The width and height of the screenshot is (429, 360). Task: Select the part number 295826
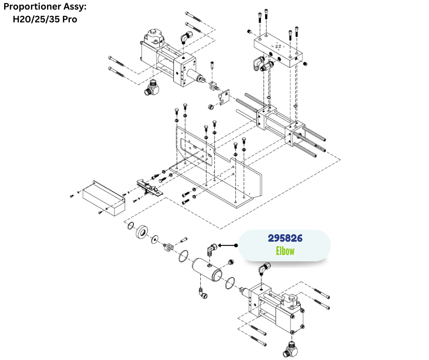pyautogui.click(x=285, y=238)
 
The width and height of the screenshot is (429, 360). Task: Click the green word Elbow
pyautogui.click(x=285, y=251)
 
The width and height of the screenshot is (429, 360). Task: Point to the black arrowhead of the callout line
pyautogui.click(x=220, y=245)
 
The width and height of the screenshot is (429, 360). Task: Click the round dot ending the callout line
pyautogui.click(x=236, y=245)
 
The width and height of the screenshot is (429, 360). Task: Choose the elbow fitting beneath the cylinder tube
pyautogui.click(x=202, y=292)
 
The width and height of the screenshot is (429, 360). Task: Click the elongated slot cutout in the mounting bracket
pyautogui.click(x=196, y=151)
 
